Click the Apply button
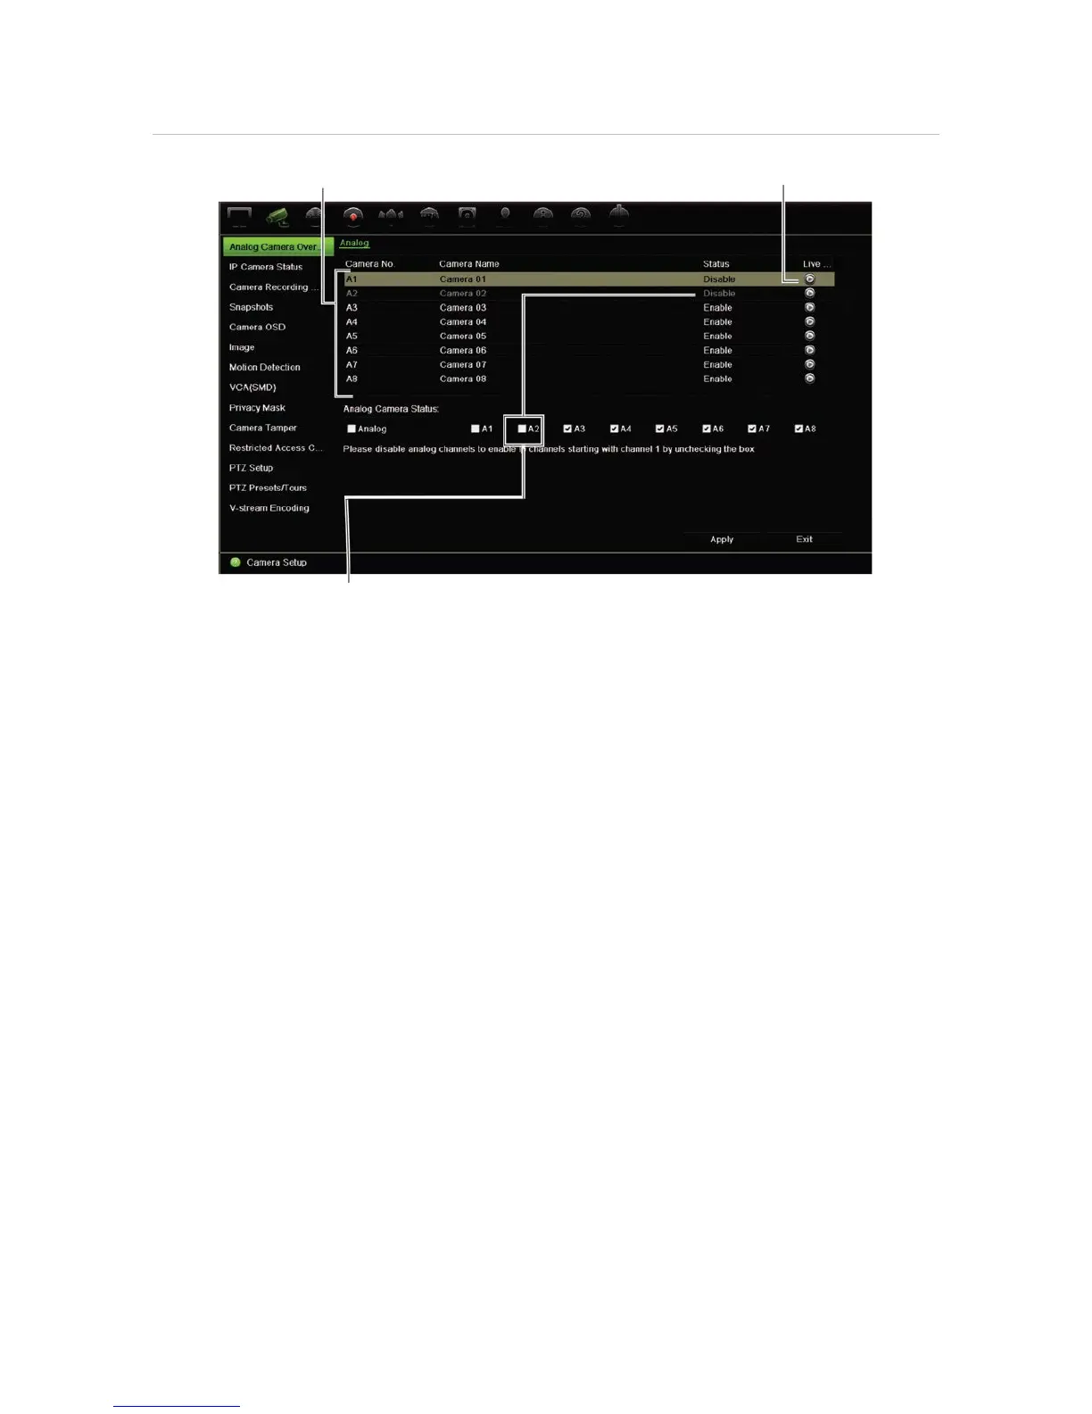722,539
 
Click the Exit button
804,539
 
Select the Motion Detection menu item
264,367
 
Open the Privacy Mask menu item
257,408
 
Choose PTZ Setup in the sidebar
251,468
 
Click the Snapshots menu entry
251,307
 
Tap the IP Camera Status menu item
266,267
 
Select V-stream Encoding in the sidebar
269,508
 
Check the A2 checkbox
523,428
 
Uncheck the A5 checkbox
660,428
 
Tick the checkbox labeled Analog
352,428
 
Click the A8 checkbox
798,428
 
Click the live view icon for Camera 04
809,321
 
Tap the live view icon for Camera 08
809,378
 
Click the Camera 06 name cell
463,350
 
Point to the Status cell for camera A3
717,307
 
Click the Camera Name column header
469,264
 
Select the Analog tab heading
354,243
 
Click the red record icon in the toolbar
353,216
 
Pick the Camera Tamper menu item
262,428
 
